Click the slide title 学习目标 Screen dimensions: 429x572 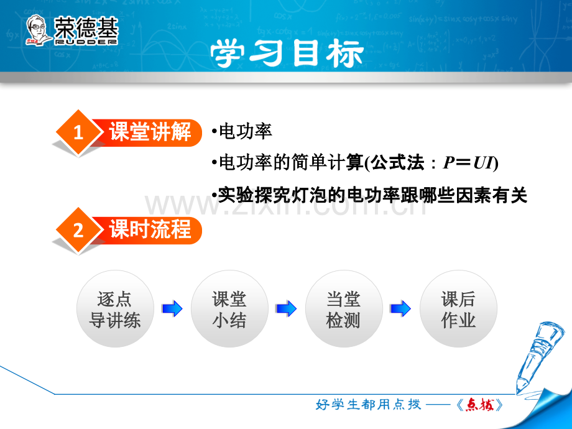point(286,53)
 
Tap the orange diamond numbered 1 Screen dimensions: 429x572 point(78,133)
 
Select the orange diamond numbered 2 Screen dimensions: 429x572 point(78,230)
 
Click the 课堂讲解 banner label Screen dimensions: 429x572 point(150,132)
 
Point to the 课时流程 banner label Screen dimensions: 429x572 point(150,229)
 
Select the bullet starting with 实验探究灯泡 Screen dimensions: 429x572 point(369,195)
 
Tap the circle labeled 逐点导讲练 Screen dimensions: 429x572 point(115,309)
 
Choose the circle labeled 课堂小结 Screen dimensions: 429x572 point(229,309)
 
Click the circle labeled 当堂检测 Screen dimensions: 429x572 point(343,309)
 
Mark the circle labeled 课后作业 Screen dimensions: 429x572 point(458,309)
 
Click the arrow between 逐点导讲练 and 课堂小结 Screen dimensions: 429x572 point(172,308)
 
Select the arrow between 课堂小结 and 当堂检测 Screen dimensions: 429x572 point(287,308)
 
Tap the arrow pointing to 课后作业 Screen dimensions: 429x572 point(401,308)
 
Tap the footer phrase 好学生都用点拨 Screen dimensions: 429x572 point(369,405)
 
